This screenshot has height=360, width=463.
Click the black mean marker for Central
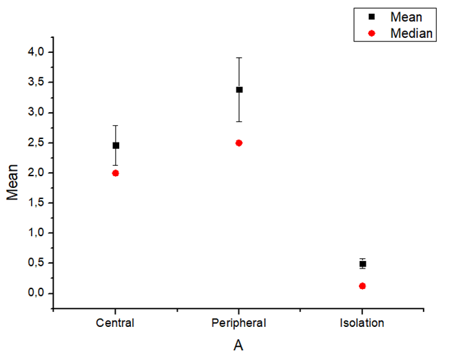116,145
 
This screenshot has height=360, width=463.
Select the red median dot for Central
116,173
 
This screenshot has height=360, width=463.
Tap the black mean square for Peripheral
239,89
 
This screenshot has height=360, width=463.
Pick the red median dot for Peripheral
239,142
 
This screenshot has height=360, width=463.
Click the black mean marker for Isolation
362,264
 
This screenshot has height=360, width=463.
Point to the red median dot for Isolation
362,286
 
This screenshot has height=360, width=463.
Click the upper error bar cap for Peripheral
239,58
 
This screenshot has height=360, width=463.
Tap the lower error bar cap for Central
116,165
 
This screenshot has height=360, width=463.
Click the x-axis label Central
116,322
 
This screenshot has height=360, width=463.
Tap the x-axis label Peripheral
239,322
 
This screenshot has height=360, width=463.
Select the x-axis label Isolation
362,322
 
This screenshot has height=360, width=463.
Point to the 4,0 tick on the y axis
35,52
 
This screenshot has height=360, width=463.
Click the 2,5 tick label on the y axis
35,142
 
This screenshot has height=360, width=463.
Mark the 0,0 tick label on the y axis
35,293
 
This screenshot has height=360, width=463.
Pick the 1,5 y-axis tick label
35,202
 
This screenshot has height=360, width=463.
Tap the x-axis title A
238,346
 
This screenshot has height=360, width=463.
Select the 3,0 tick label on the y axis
35,112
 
